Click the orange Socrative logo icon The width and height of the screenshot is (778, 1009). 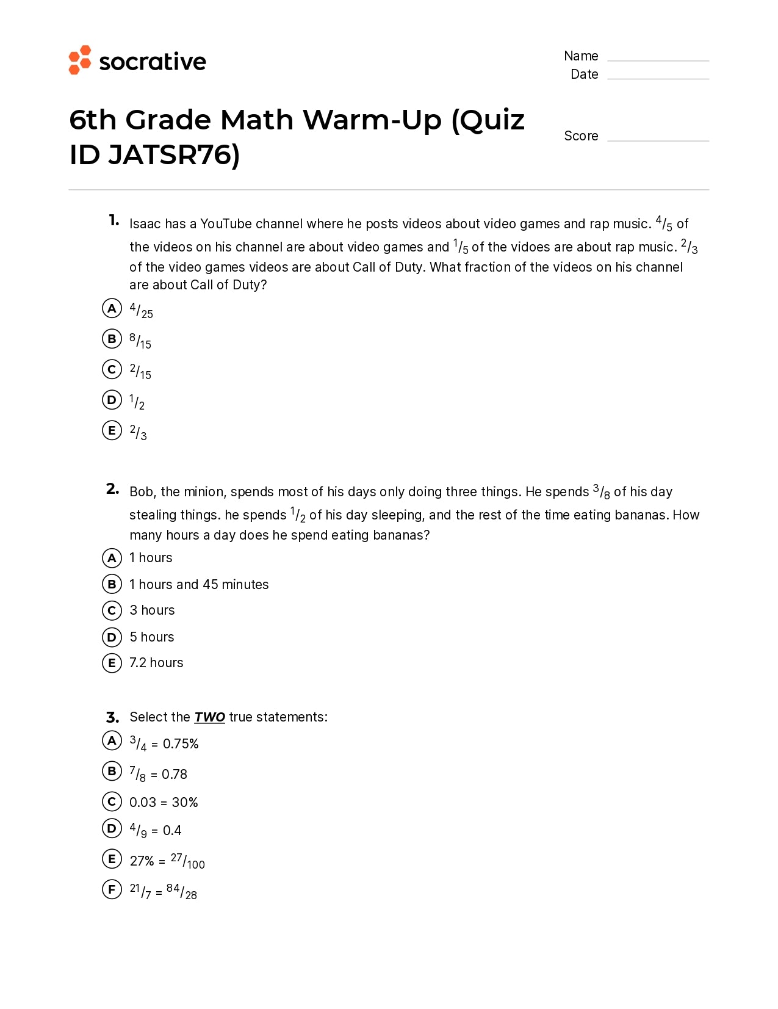coord(79,60)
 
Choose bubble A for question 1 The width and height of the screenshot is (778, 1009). coord(112,308)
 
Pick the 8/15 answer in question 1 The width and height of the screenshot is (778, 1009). coord(140,341)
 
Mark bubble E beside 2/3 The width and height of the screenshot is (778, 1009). coord(112,430)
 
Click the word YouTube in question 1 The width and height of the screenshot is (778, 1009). coord(226,224)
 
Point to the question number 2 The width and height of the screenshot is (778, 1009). coord(112,489)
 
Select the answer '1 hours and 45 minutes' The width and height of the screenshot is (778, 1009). coord(199,585)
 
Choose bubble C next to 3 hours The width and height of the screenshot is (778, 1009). coord(112,610)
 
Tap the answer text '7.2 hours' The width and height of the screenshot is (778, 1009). coord(156,663)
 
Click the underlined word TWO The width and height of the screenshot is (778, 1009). coord(209,717)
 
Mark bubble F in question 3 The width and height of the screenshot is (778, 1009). coord(112,889)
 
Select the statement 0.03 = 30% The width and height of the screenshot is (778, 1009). coord(164,803)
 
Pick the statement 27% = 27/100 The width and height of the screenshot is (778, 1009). coord(167,861)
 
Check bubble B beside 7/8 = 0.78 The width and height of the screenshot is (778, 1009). coord(112,771)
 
